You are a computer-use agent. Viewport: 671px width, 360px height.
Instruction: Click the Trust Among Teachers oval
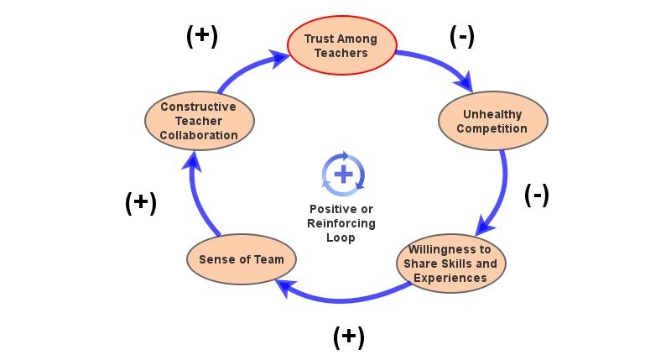341,45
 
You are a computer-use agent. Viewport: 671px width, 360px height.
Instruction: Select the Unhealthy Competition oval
493,121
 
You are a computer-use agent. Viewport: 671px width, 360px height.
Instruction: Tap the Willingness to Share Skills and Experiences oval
450,263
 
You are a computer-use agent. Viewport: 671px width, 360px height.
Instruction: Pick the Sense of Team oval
241,259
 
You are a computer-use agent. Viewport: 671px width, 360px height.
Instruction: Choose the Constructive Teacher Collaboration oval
199,121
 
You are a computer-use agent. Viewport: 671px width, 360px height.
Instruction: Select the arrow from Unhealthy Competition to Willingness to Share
501,190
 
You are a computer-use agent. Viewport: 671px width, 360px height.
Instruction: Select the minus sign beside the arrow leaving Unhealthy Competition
537,195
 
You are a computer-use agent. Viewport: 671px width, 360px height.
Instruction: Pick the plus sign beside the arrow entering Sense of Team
348,337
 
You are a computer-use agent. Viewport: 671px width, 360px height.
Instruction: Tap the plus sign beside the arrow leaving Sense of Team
140,203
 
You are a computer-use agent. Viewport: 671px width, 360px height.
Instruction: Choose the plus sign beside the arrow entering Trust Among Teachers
200,36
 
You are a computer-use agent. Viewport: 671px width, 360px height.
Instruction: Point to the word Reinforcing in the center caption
341,223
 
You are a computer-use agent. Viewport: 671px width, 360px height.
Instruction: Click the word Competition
493,128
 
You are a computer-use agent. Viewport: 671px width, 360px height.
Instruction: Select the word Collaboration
199,135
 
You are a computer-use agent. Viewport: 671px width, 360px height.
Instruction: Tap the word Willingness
450,249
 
